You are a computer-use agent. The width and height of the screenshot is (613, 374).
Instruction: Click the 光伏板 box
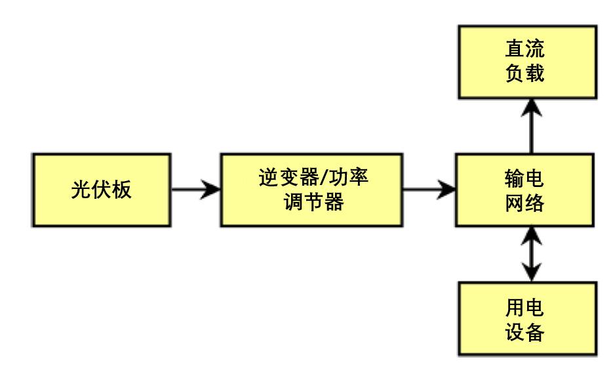[102, 191]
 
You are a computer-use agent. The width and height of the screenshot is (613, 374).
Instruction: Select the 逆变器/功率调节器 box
[311, 191]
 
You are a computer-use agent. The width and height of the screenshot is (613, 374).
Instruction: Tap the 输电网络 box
[526, 191]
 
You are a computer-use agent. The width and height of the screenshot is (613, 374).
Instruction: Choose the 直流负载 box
[526, 63]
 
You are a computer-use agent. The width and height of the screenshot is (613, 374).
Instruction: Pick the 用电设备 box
[526, 320]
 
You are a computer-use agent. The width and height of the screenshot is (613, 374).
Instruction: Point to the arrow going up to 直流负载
[530, 127]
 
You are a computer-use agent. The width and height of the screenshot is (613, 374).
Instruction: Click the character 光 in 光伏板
[81, 191]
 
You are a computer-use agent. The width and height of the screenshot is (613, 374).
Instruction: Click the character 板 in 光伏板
[122, 191]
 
